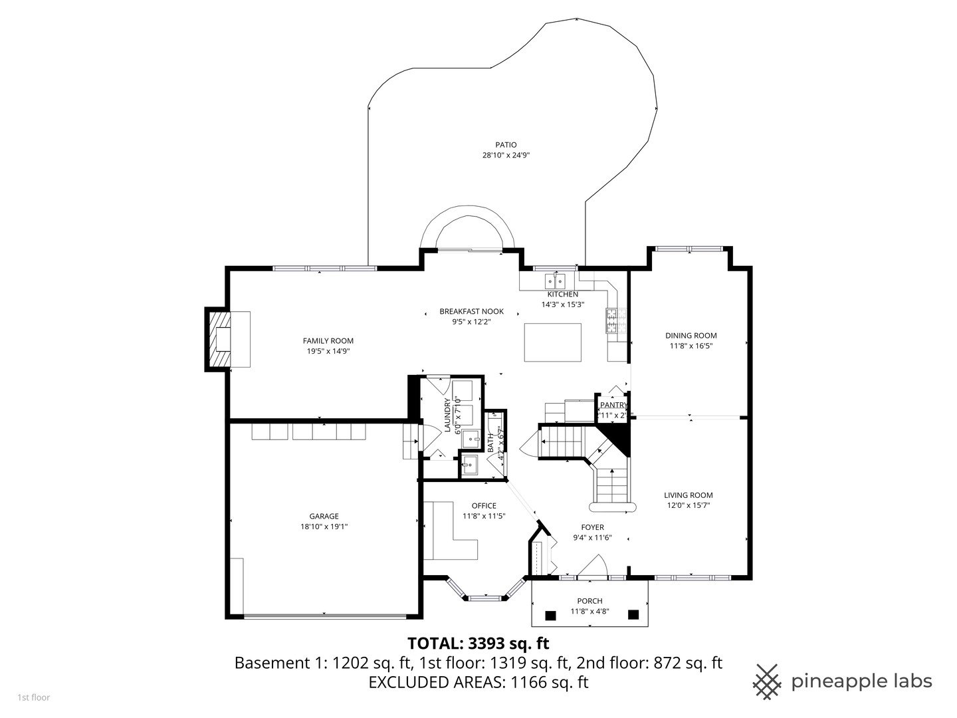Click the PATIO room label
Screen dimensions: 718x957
coord(506,144)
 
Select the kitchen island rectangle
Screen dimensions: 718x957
coord(552,342)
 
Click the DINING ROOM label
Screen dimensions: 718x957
coord(691,336)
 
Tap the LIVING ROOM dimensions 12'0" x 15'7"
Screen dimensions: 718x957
coord(689,505)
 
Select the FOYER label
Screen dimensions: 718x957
coord(592,527)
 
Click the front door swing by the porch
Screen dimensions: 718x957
coord(592,567)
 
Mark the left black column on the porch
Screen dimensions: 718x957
coord(550,615)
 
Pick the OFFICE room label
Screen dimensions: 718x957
coord(484,505)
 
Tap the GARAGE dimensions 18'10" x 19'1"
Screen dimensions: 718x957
coord(324,527)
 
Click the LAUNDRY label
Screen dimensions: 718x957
coord(448,416)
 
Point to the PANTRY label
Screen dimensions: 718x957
coord(613,405)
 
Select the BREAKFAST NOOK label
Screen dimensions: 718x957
coord(471,311)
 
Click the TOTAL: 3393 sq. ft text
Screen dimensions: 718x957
coord(478,644)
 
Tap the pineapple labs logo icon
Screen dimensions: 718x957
coord(767,681)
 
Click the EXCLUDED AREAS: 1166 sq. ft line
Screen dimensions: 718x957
coord(478,682)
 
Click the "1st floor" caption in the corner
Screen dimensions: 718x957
coord(33,697)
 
